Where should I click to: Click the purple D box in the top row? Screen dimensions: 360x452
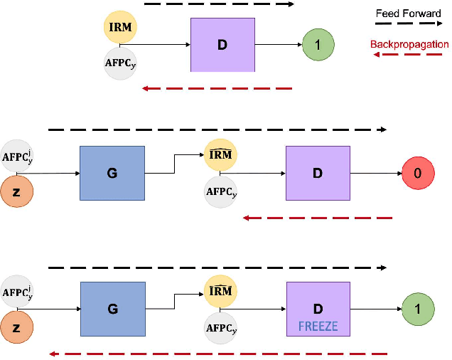(x=222, y=46)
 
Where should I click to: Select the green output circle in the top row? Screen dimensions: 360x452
(x=318, y=45)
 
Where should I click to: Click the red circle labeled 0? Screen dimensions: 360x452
(x=417, y=173)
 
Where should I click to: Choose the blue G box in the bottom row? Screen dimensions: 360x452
(x=112, y=309)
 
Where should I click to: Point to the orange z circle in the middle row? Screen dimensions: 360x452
(x=16, y=193)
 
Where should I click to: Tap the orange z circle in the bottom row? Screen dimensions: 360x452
(x=16, y=329)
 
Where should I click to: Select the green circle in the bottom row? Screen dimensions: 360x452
(x=417, y=309)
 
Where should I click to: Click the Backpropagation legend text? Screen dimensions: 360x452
(x=409, y=44)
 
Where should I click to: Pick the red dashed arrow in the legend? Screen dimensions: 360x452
(x=409, y=55)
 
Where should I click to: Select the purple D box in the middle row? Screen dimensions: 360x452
(x=318, y=173)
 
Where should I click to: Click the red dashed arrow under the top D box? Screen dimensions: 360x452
(x=217, y=88)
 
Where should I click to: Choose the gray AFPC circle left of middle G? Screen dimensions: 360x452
(x=16, y=157)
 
